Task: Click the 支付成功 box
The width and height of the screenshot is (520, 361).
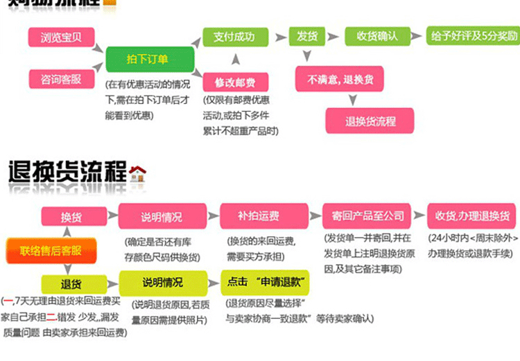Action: [234, 37]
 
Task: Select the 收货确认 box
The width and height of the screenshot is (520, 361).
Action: [376, 37]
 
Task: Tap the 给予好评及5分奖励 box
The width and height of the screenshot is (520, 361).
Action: [474, 37]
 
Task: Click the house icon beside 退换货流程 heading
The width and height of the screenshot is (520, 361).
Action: [138, 173]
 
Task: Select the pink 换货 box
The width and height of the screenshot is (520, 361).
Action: [71, 217]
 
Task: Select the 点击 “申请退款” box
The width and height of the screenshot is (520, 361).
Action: [265, 283]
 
